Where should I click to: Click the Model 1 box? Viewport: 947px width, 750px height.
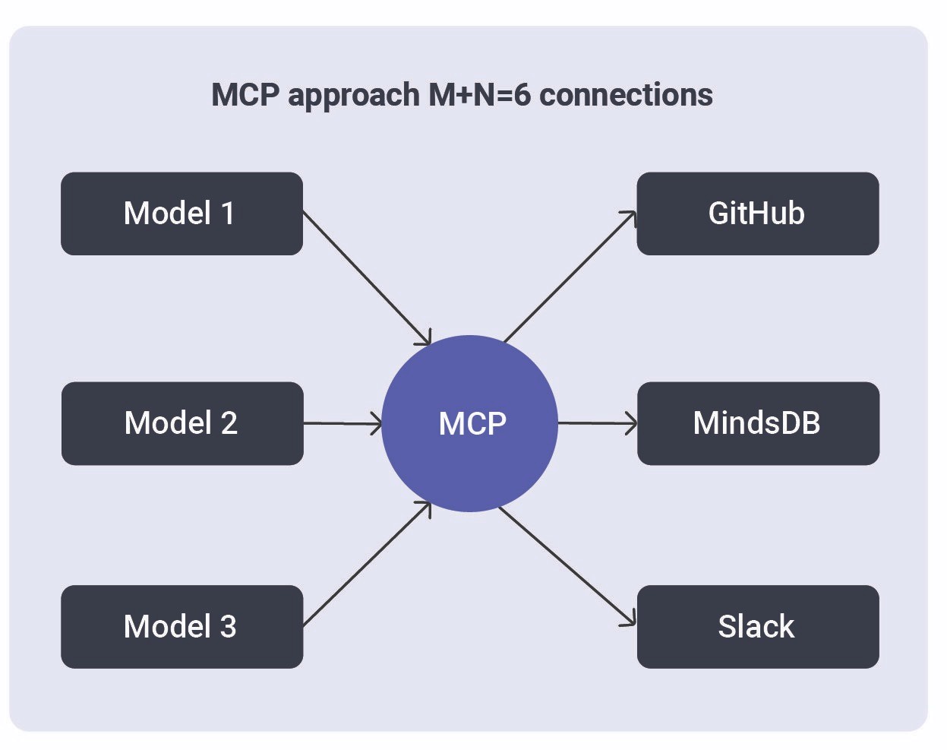182,214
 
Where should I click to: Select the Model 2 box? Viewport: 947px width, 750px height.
182,423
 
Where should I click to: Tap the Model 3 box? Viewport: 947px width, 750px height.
182,627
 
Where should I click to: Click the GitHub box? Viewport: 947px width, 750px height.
757,214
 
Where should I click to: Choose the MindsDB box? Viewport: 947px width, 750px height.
757,423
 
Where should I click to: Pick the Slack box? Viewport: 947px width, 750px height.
757,627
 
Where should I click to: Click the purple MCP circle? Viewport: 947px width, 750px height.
470,423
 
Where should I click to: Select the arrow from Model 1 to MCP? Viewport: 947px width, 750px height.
366,277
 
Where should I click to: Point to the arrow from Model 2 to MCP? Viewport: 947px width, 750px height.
342,423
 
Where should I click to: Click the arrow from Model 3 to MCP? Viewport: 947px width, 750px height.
366,563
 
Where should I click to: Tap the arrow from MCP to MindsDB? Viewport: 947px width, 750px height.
597,423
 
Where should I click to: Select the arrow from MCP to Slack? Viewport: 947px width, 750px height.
567,566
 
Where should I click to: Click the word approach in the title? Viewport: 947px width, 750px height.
354,96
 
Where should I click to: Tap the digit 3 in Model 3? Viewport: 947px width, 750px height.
228,627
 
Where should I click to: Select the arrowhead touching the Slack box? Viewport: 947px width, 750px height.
630,621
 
